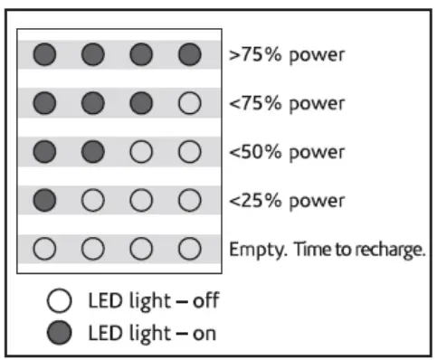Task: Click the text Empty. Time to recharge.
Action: click(327, 248)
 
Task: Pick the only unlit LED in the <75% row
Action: click(189, 103)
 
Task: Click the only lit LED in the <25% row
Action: click(44, 199)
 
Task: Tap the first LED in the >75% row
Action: click(44, 54)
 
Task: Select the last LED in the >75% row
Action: click(189, 54)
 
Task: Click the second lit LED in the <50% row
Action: click(92, 151)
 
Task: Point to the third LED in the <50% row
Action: click(141, 151)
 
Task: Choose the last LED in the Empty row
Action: click(189, 248)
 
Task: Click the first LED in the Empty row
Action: click(44, 248)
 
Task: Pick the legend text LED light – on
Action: click(151, 332)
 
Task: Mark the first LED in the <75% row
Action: click(44, 103)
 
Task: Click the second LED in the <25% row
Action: click(92, 199)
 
